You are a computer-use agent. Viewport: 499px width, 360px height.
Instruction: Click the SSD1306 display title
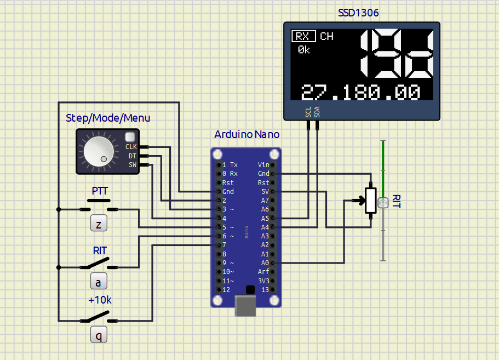[358, 13]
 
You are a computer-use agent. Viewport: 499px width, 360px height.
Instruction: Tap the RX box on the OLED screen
[303, 36]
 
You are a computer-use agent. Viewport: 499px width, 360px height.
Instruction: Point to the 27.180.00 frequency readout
[360, 92]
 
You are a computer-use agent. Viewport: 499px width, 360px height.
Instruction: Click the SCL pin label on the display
[308, 112]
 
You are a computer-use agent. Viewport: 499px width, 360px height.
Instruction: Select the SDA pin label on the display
[317, 112]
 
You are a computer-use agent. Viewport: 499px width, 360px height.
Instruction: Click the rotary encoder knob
[99, 152]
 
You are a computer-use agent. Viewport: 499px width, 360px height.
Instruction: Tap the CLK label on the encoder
[131, 147]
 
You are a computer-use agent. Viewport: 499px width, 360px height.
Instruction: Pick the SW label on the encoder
[133, 165]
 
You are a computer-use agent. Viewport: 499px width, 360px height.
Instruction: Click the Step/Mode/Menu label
[108, 118]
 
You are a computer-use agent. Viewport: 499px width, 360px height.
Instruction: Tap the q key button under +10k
[99, 335]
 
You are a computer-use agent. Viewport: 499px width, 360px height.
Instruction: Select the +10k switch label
[100, 300]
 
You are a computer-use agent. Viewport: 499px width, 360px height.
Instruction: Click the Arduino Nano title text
[247, 134]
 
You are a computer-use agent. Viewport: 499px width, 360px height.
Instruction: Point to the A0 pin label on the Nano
[265, 263]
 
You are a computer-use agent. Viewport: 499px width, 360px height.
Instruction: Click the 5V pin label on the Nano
[265, 192]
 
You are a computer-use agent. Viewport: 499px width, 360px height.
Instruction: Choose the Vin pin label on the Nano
[263, 165]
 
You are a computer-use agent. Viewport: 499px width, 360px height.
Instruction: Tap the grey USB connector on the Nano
[245, 306]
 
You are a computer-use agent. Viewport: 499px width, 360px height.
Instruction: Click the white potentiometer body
[371, 201]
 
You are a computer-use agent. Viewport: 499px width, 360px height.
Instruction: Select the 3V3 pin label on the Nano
[263, 281]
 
